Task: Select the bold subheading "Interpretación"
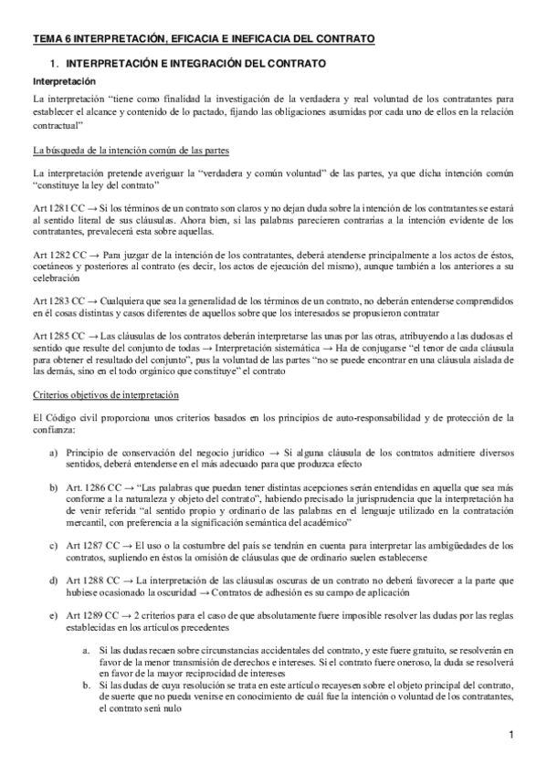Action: pyautogui.click(x=58, y=82)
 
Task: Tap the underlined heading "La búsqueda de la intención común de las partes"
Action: pyautogui.click(x=131, y=149)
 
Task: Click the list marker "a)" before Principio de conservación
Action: pyautogui.click(x=52, y=452)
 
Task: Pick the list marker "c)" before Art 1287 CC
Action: pyautogui.click(x=52, y=544)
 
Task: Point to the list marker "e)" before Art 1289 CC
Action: pyautogui.click(x=52, y=616)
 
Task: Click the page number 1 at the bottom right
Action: pyautogui.click(x=512, y=734)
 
